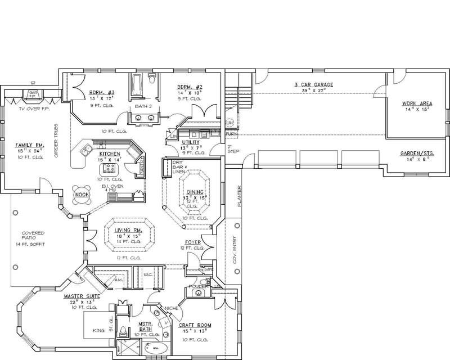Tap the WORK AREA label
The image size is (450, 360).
pos(417,103)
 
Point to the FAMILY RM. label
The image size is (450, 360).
pos(28,145)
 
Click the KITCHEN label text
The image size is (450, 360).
pos(110,153)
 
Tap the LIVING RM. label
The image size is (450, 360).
pos(129,231)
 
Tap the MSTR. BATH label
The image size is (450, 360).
pos(147,327)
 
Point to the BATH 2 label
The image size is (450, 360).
pos(144,105)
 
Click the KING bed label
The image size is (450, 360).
pos(99,331)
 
